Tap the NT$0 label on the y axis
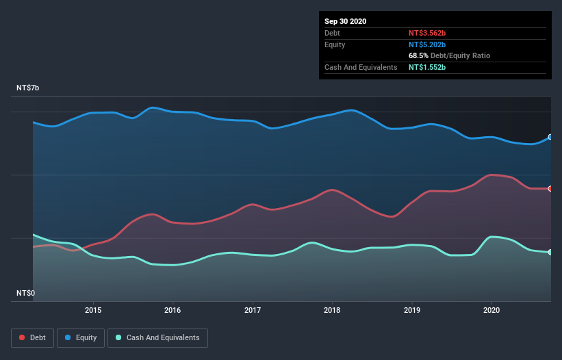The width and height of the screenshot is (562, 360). click(x=26, y=293)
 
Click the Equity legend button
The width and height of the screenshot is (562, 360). click(x=81, y=337)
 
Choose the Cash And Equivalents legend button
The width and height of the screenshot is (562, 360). click(x=158, y=337)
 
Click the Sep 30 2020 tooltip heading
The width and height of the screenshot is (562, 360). click(x=345, y=21)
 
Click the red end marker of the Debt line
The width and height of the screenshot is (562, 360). click(x=550, y=188)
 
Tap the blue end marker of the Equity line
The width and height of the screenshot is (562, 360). click(x=550, y=137)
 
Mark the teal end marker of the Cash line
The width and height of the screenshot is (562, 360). click(x=550, y=253)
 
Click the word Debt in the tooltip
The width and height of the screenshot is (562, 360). click(x=333, y=33)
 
